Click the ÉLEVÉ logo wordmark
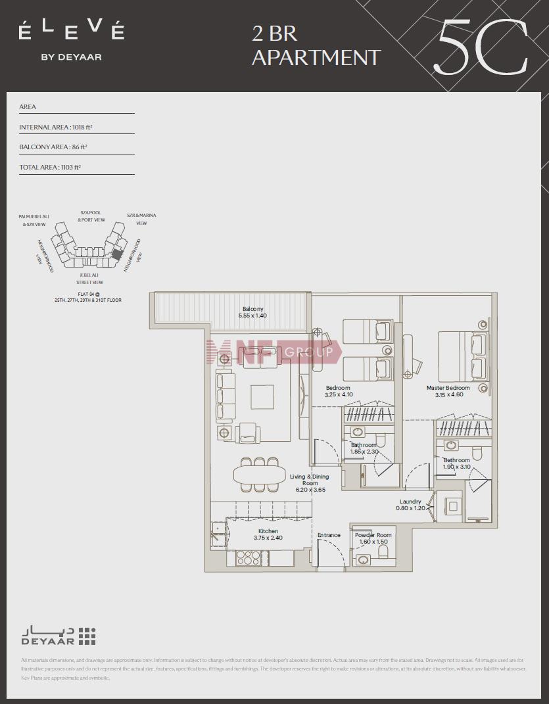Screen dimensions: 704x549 pyautogui.click(x=71, y=30)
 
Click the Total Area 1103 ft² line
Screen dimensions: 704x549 pyautogui.click(x=50, y=168)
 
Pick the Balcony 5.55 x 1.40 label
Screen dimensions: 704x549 pyautogui.click(x=252, y=313)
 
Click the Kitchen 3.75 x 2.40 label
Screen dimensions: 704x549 pyautogui.click(x=268, y=534)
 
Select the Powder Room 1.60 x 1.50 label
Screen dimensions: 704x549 pyautogui.click(x=373, y=538)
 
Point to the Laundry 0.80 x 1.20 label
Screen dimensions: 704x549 pyautogui.click(x=410, y=505)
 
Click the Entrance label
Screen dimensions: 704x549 pyautogui.click(x=329, y=535)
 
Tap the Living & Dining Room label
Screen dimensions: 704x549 pyautogui.click(x=310, y=483)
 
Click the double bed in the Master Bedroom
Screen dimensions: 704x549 pyautogui.click(x=462, y=355)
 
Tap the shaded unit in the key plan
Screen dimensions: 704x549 pyautogui.click(x=118, y=253)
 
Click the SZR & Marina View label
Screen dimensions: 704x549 pyautogui.click(x=141, y=219)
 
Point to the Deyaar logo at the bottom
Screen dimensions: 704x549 pyautogui.click(x=58, y=636)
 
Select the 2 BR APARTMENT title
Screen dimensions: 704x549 pyautogui.click(x=316, y=45)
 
